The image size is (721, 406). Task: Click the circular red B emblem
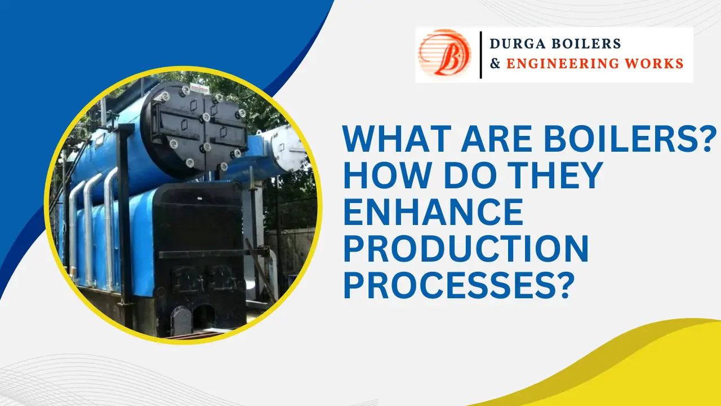(x=444, y=54)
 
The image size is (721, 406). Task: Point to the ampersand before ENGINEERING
(x=496, y=64)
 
